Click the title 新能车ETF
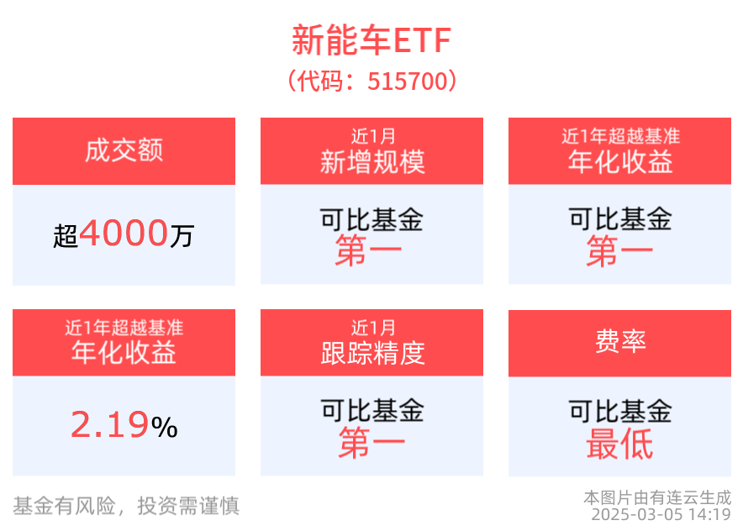[x=371, y=39]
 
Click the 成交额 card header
[x=124, y=150]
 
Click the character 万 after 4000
[x=182, y=236]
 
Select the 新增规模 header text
[x=371, y=161]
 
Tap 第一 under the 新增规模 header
[x=371, y=251]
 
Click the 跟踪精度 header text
[x=371, y=353]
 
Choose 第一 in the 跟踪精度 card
[x=371, y=443]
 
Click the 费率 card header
[x=619, y=342]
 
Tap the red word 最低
[x=619, y=444]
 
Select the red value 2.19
[x=109, y=426]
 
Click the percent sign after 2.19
[x=165, y=428]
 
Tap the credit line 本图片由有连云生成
[x=656, y=497]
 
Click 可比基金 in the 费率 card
[x=619, y=411]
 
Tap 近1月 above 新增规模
[x=371, y=136]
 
